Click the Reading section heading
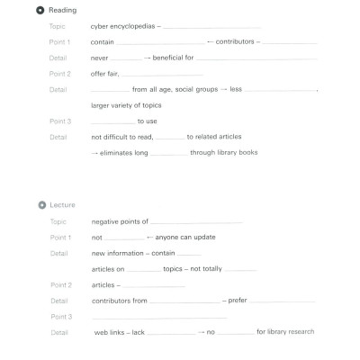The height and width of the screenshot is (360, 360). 62,10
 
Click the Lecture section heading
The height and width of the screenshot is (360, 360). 62,205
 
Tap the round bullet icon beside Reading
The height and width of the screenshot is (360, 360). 40,10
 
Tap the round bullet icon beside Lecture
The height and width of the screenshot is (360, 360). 40,205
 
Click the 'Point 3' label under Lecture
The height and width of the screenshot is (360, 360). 60,317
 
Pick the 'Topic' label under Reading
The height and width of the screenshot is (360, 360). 58,27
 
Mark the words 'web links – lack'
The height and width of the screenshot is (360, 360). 120,332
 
